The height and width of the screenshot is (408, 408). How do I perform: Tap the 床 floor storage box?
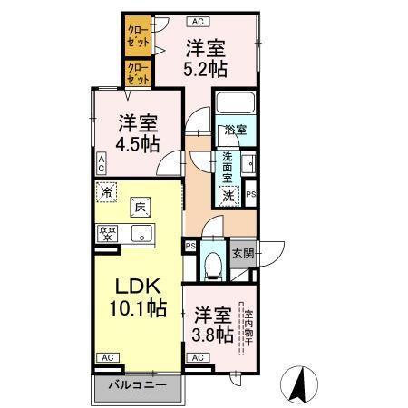coord(140,209)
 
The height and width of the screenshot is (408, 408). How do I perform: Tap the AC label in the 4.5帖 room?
coord(102,163)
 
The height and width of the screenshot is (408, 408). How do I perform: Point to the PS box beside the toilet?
coord(190,246)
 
